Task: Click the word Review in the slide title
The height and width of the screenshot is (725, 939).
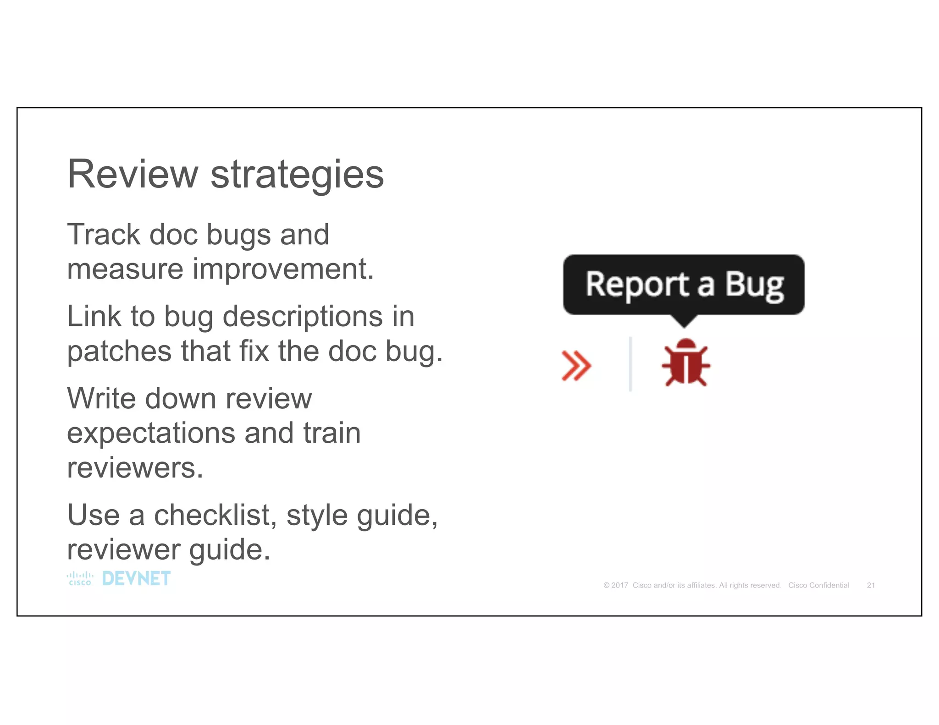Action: [x=133, y=174]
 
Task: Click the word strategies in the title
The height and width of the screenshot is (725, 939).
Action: [x=297, y=175]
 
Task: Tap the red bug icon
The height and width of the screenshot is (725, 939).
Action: [x=685, y=362]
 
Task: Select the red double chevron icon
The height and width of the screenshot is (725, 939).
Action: [x=576, y=365]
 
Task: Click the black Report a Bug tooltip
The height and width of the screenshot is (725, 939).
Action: [x=683, y=285]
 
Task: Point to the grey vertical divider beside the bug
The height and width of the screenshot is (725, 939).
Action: [x=630, y=364]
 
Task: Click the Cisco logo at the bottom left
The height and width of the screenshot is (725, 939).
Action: [x=80, y=578]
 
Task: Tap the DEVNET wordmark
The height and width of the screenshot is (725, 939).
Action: [x=136, y=578]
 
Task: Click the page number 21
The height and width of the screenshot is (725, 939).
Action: [x=871, y=585]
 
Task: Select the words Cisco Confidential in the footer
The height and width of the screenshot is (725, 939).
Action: [x=818, y=585]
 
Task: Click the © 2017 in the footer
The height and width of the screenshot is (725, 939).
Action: [x=616, y=585]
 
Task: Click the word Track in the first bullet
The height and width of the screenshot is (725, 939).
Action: [x=104, y=235]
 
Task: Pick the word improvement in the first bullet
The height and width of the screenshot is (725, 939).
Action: [x=283, y=269]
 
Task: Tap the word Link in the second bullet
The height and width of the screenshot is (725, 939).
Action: [x=94, y=317]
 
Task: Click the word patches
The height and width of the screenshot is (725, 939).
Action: [x=119, y=352]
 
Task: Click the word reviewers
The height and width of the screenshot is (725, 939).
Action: [x=135, y=468]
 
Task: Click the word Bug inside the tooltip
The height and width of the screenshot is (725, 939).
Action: [x=754, y=286]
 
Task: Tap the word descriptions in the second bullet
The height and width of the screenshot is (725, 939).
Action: [x=302, y=317]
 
